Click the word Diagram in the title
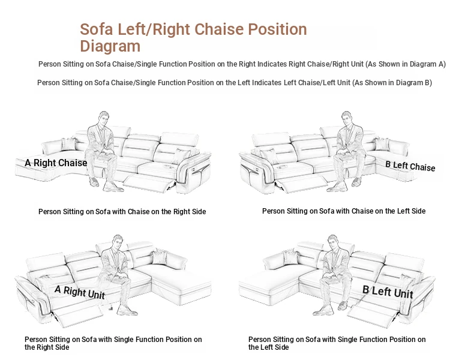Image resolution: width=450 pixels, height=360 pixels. [x=110, y=47]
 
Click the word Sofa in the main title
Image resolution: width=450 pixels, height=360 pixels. [x=96, y=29]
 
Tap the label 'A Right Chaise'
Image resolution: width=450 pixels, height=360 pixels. [x=56, y=163]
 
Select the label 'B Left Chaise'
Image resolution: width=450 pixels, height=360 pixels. [x=410, y=166]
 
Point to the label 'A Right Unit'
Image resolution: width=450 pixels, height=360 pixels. [x=80, y=292]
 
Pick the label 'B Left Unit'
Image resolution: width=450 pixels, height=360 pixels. [x=388, y=292]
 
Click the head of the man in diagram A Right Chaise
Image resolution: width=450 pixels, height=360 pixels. [x=104, y=118]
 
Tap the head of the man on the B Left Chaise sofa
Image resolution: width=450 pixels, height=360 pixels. [x=347, y=118]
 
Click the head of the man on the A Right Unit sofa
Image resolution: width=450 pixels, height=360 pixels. [x=118, y=242]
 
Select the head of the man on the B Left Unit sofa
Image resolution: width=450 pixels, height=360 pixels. [x=332, y=242]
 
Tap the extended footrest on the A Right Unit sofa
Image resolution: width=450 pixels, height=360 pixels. [x=77, y=314]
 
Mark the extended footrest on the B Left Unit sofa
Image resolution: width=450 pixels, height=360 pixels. [x=373, y=314]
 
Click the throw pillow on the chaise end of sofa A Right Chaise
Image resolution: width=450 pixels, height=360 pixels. [x=69, y=144]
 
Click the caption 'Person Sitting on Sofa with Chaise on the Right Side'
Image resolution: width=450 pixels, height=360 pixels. [x=122, y=212]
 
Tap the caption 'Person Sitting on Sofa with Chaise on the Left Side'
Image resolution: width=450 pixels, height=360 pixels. [x=344, y=211]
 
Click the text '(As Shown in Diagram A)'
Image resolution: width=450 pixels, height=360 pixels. [x=406, y=64]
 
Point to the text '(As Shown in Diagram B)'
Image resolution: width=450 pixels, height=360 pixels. [x=392, y=83]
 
